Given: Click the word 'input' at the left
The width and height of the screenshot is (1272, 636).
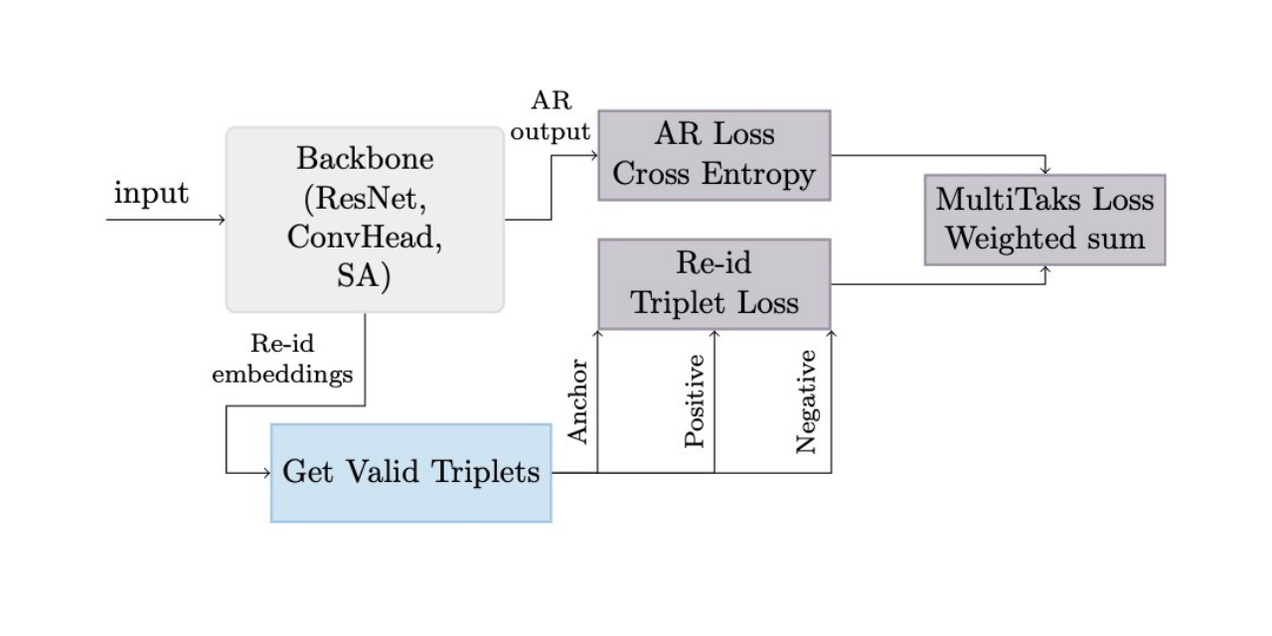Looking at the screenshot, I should pyautogui.click(x=151, y=193).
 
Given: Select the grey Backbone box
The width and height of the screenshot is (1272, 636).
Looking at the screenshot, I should pyautogui.click(x=365, y=219).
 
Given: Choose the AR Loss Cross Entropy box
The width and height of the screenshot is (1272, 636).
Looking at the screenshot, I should pyautogui.click(x=714, y=155).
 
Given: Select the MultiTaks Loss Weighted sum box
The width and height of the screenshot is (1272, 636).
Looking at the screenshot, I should pyautogui.click(x=1044, y=220).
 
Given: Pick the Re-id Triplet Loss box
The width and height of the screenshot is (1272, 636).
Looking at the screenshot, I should pyautogui.click(x=714, y=283).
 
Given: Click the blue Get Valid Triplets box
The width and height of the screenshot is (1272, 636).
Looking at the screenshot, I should pyautogui.click(x=410, y=472).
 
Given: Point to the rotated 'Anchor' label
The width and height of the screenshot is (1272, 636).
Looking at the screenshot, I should pyautogui.click(x=578, y=401).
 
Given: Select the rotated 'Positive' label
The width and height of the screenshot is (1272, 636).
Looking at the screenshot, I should pyautogui.click(x=696, y=401).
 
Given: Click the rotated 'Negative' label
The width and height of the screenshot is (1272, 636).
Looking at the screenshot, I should pyautogui.click(x=807, y=401).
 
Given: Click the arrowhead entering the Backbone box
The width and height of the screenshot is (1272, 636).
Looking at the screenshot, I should pyautogui.click(x=222, y=220).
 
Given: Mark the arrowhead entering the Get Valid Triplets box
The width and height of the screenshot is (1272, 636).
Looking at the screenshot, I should pyautogui.click(x=266, y=473).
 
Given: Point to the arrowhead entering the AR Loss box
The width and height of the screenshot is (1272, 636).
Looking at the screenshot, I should pyautogui.click(x=593, y=155).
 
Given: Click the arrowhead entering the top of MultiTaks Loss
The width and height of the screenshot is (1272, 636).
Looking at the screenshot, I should pyautogui.click(x=1044, y=171).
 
